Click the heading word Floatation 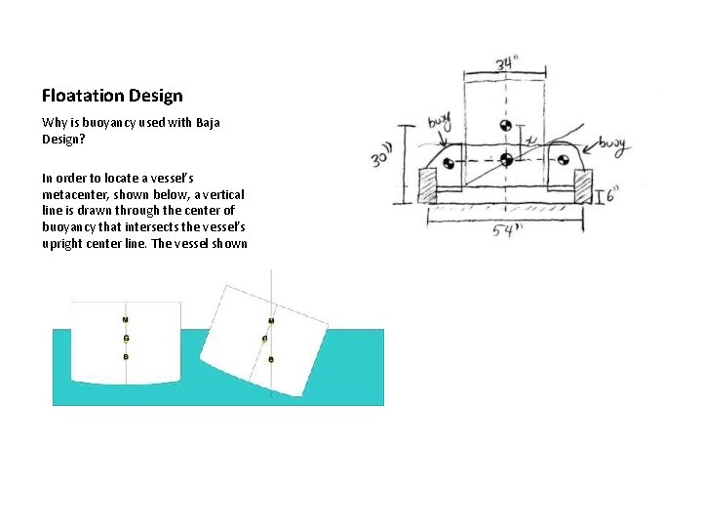tap(82, 96)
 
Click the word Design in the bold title tap(153, 96)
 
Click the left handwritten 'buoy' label tap(440, 124)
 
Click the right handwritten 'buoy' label tap(613, 145)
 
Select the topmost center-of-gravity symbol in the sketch tap(505, 127)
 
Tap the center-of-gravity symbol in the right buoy tap(563, 161)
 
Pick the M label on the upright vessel tap(125, 320)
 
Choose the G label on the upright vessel tap(125, 339)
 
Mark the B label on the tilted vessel tap(271, 360)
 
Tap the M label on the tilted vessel tap(270, 321)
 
